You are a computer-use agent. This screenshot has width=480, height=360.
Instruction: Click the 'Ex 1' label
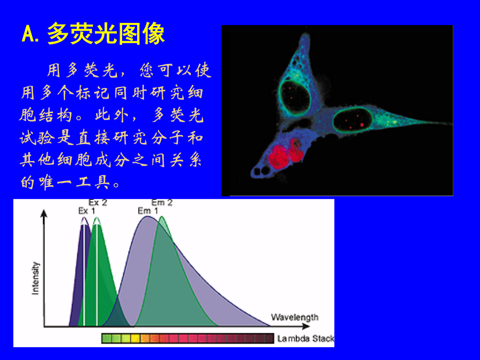[x=86, y=211]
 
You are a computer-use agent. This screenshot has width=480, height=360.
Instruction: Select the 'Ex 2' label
[x=98, y=203]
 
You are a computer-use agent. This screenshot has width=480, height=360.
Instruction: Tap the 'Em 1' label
[x=148, y=211]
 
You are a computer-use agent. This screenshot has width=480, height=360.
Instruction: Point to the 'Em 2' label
[x=162, y=203]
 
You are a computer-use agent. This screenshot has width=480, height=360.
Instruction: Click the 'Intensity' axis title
[x=36, y=278]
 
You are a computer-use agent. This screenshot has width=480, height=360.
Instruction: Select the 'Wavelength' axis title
[x=294, y=317]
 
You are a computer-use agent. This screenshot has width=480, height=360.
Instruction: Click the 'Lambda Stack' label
[x=306, y=339]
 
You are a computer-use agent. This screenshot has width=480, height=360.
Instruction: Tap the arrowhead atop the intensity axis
[x=44, y=213]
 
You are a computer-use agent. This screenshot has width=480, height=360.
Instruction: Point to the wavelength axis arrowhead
[x=306, y=326]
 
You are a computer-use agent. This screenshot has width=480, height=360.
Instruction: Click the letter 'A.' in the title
[x=30, y=34]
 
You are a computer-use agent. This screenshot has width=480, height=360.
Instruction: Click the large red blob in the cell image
[x=278, y=157]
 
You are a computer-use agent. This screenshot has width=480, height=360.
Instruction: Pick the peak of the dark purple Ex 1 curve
[x=84, y=218]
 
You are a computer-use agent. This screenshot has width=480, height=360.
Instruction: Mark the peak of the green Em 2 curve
[x=162, y=217]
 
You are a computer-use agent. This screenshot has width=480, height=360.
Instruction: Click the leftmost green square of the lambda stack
[x=107, y=339]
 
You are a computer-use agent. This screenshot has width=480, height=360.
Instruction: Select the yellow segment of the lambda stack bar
[x=135, y=339]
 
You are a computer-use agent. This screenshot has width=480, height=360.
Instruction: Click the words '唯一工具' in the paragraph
[x=74, y=182]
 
